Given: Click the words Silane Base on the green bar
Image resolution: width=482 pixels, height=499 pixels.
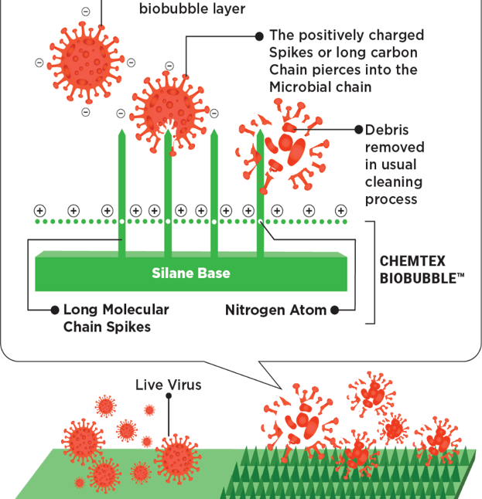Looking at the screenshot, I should point(190,273).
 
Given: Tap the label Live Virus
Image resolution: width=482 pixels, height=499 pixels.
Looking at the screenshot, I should point(168,384).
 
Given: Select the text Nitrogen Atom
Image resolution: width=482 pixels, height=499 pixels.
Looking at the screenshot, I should point(275,311).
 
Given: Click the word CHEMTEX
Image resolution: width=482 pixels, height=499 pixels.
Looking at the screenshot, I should point(412,261).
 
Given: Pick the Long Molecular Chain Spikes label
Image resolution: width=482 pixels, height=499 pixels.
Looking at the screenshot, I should point(115,318).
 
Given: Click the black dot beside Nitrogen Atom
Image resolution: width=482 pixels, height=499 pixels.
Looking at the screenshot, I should point(334,311).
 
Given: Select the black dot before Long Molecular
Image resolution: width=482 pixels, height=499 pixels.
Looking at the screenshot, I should point(54,310).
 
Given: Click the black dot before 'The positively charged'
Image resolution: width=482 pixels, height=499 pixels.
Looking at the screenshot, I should point(259,36).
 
